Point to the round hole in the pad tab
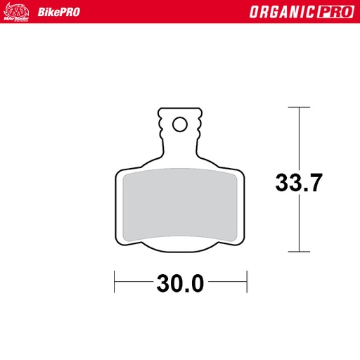pos(179,124)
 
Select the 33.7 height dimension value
pos(299,183)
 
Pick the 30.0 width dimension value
pos(180,284)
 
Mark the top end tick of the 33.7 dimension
pos(300,108)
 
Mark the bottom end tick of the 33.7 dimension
pos(300,251)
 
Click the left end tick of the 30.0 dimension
pos(115,284)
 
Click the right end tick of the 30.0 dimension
pos(246,284)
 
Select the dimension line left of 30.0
pos(134,284)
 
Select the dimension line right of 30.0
pos(226,284)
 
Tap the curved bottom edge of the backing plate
pos(180,252)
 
